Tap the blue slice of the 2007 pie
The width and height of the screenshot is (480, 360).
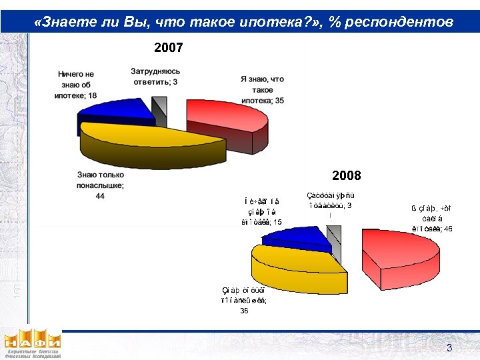pyautogui.click(x=117, y=113)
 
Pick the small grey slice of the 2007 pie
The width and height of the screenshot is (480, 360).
pyautogui.click(x=159, y=105)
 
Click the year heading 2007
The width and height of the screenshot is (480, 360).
pyautogui.click(x=168, y=48)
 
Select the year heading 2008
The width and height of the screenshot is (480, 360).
pyautogui.click(x=346, y=175)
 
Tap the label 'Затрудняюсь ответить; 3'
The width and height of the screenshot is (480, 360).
pyautogui.click(x=155, y=77)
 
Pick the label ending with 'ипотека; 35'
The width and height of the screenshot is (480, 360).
pyautogui.click(x=262, y=89)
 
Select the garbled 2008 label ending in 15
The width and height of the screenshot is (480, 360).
pyautogui.click(x=261, y=212)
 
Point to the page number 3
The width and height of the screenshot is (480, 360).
pyautogui.click(x=449, y=348)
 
